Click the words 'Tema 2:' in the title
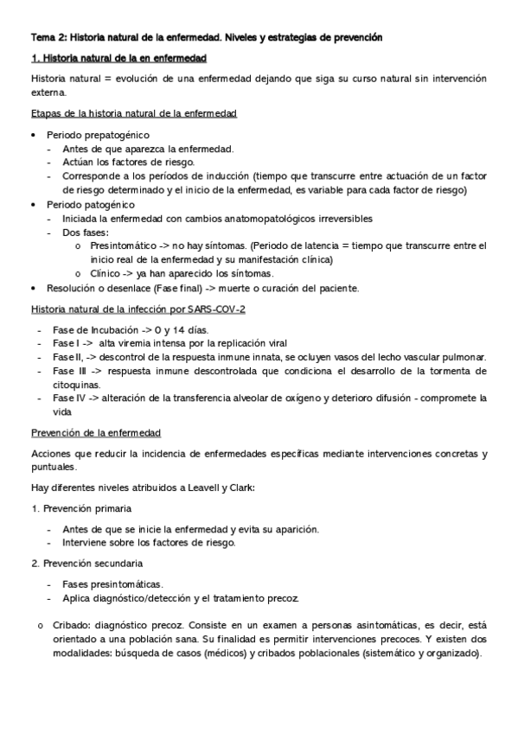(x=48, y=38)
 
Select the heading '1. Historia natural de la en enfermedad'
(x=118, y=59)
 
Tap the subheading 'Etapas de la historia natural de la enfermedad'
(x=134, y=114)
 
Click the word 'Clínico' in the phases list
(x=106, y=274)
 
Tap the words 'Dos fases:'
(x=86, y=233)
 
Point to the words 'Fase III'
(x=69, y=371)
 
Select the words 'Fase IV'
(x=68, y=398)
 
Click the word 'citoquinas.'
(x=76, y=385)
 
